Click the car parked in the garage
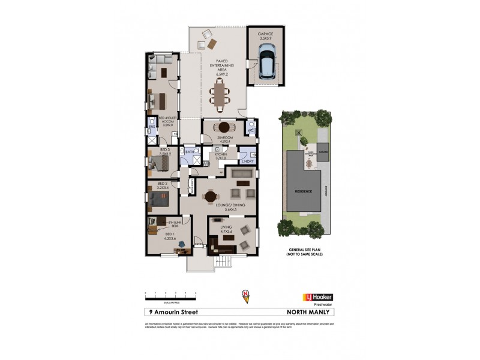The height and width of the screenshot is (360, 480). (x=266, y=62)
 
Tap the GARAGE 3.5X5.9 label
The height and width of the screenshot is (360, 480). (x=265, y=37)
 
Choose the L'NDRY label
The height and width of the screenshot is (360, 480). (x=247, y=161)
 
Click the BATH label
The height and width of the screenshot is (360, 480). (x=190, y=152)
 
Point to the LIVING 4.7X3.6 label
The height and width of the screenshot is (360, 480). (x=226, y=230)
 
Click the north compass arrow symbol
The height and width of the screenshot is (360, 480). (x=245, y=295)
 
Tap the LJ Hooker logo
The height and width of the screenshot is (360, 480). (x=316, y=297)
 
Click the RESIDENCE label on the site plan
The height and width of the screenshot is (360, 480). (x=303, y=191)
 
